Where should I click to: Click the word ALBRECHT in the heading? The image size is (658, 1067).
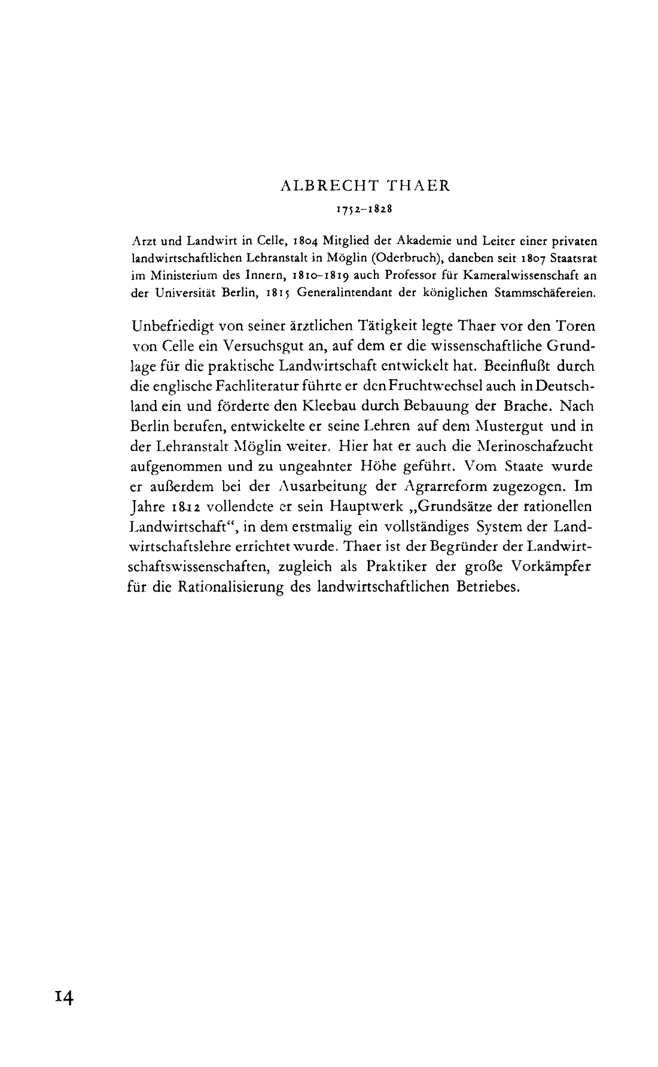pos(319,186)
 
